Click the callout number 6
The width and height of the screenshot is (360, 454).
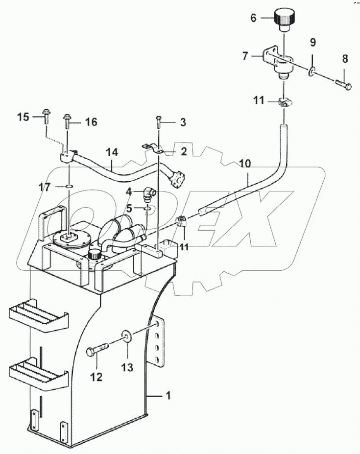point(253,18)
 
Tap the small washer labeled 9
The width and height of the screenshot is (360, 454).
point(311,73)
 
